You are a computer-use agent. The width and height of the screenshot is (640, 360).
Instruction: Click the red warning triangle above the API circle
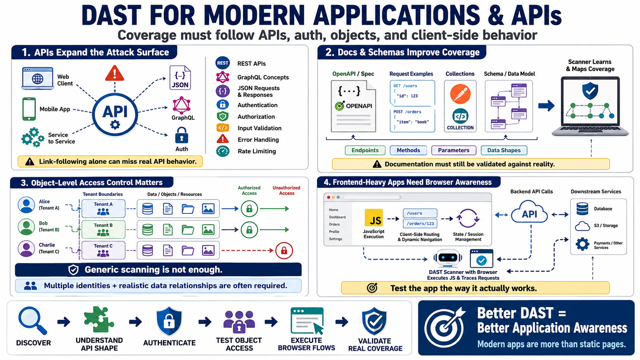coord(114,73)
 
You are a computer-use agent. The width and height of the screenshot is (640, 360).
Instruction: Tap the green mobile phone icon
coord(29,109)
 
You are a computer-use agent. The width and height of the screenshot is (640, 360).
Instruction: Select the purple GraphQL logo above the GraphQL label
coord(181,105)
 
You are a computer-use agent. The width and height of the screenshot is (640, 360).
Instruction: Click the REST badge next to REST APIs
coord(222,63)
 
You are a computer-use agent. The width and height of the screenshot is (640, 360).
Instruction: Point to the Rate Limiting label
coord(257,151)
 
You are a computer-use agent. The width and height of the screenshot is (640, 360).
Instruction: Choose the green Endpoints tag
coord(365,150)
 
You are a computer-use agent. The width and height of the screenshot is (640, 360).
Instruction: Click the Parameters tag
coord(454,150)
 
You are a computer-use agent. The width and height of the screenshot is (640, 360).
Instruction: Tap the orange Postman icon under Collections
coord(460,94)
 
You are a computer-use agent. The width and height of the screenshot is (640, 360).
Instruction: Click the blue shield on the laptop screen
coord(590,91)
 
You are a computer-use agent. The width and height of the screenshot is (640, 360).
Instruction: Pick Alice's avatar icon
coord(26,205)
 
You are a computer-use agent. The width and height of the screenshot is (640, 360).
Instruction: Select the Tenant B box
coord(103,229)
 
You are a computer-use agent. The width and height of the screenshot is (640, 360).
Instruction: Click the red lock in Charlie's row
coord(284,251)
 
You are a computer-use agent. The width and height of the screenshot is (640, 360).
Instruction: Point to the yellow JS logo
coord(374,218)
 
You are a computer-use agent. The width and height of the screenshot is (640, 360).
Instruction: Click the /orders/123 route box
coord(420,223)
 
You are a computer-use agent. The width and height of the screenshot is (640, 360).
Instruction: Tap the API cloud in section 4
coord(529,212)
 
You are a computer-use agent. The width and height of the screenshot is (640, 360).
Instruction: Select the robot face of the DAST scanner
coord(447,258)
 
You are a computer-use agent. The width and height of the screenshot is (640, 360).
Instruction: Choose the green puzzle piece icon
coord(99,320)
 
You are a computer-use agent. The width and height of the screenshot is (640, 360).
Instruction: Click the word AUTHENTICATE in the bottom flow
coord(169,343)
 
